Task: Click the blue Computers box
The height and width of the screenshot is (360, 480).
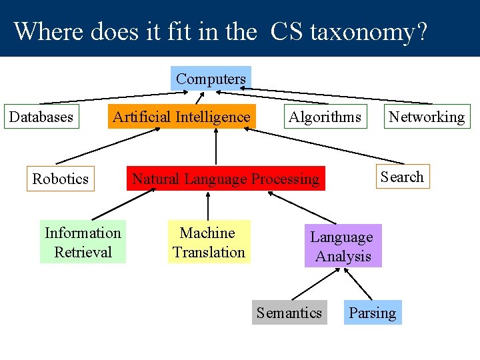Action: tap(211, 79)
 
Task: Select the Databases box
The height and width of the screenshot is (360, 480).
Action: tap(41, 117)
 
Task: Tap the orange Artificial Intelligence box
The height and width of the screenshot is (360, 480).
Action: tap(181, 117)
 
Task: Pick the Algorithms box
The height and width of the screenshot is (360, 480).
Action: tap(325, 117)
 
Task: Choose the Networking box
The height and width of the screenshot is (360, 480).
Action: tap(427, 117)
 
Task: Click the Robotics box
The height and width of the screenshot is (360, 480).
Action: tap(61, 179)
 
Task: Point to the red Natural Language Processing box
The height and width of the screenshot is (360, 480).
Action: tap(226, 179)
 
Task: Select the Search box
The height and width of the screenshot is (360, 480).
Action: tap(402, 177)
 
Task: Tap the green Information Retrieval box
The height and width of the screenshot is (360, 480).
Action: tap(83, 242)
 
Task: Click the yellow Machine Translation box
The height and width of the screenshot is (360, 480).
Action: tap(209, 242)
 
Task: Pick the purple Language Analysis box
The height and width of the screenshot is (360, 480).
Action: tap(343, 246)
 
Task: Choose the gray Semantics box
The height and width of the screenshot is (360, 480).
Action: tap(289, 313)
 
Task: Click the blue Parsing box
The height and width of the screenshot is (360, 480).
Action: tap(372, 313)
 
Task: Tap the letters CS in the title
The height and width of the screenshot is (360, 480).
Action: tap(285, 31)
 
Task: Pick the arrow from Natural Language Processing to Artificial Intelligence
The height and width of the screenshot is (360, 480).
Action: tap(217, 147)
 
